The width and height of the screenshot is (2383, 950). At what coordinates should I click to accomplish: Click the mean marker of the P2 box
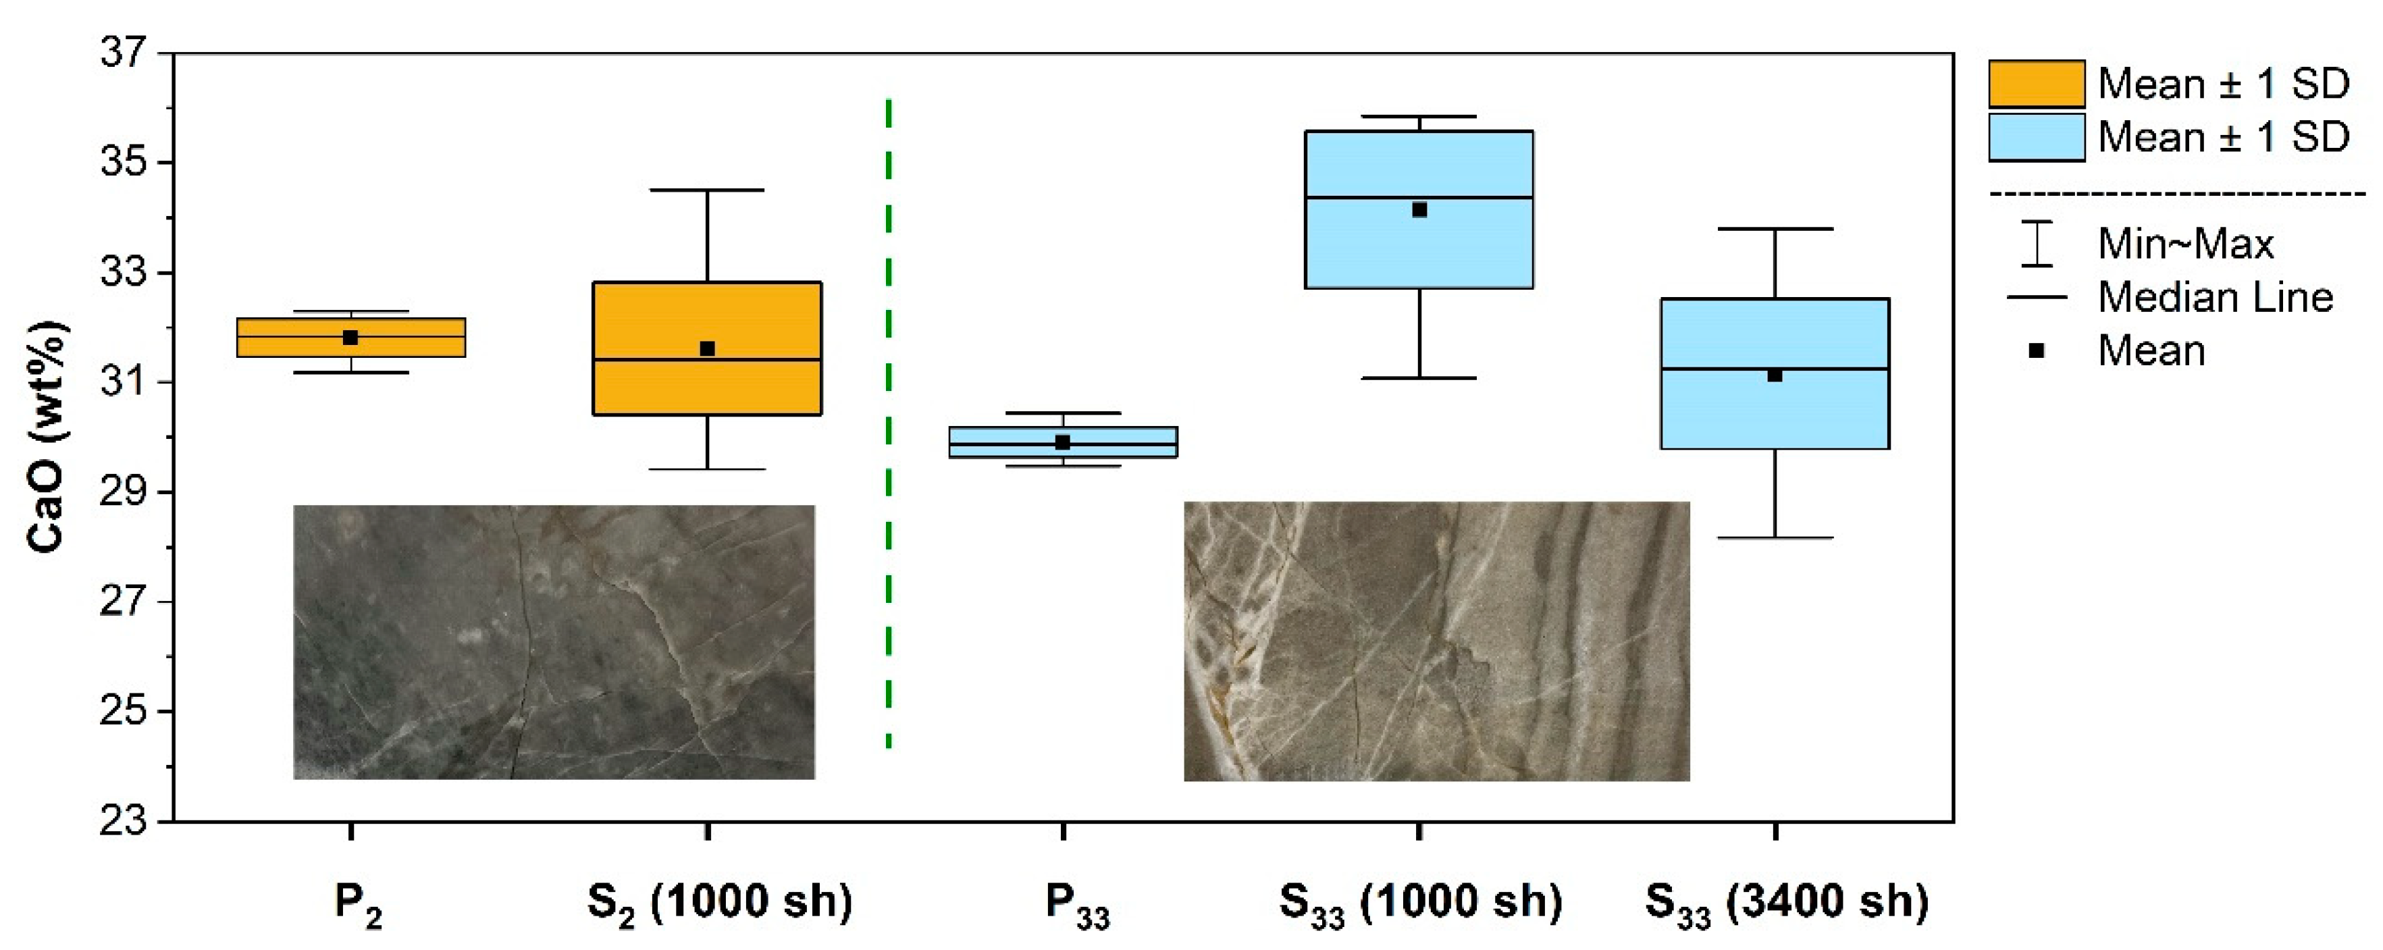(350, 338)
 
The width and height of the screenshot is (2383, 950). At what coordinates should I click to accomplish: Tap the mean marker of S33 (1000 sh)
(1419, 210)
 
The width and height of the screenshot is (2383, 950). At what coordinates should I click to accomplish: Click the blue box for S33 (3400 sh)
(1775, 417)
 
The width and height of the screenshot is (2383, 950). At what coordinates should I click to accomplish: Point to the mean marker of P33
(1063, 442)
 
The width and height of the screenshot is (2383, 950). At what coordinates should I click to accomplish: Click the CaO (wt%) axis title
(46, 437)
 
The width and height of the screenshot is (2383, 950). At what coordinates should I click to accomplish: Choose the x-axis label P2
(358, 903)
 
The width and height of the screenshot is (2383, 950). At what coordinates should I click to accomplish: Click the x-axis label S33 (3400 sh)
(1786, 903)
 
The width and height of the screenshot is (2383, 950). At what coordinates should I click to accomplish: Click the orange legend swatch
(2036, 84)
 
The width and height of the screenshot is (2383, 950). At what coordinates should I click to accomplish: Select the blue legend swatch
(2036, 138)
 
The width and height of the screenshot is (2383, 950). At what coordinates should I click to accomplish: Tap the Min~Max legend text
(2185, 244)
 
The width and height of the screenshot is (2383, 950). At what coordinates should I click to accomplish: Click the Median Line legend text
(2215, 298)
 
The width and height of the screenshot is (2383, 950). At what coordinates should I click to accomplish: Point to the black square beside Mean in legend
(2036, 350)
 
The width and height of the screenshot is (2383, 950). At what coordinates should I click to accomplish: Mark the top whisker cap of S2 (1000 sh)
(707, 190)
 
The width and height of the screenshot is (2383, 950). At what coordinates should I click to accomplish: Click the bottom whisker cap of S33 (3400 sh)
(1775, 537)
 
